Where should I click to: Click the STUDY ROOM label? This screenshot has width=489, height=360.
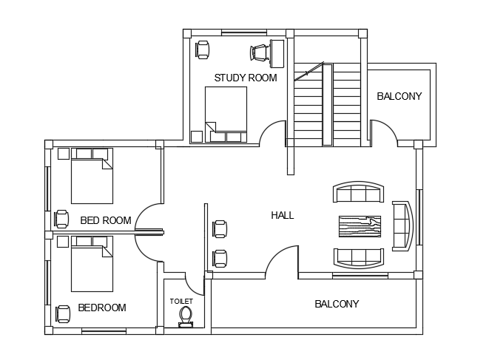[x=246, y=78]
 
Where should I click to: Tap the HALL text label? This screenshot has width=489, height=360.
[x=283, y=215]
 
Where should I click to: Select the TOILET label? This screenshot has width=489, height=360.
[x=181, y=302]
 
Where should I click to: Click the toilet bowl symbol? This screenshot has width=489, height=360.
[x=186, y=316]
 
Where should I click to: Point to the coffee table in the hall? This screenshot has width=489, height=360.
[x=360, y=226]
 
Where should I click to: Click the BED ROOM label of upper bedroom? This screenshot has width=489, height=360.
[x=106, y=221]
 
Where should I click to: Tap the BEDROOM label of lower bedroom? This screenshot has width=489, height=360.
[x=102, y=308]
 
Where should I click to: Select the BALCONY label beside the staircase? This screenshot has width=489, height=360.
[x=399, y=96]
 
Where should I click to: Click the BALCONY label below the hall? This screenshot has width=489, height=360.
[x=337, y=304]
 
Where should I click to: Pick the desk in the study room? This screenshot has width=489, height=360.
[x=277, y=53]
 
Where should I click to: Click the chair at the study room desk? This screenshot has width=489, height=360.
[x=259, y=52]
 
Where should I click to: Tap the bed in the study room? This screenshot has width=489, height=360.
[x=226, y=115]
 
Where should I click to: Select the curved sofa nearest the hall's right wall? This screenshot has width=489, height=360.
[x=402, y=226]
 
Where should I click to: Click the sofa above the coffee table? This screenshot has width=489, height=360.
[x=358, y=192]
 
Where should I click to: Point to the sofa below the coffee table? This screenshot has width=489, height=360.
[x=358, y=259]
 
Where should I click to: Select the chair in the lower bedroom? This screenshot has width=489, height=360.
[x=63, y=314]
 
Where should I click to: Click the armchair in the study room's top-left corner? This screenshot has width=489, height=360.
[x=203, y=50]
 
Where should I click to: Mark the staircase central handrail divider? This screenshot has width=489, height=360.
[x=327, y=104]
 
